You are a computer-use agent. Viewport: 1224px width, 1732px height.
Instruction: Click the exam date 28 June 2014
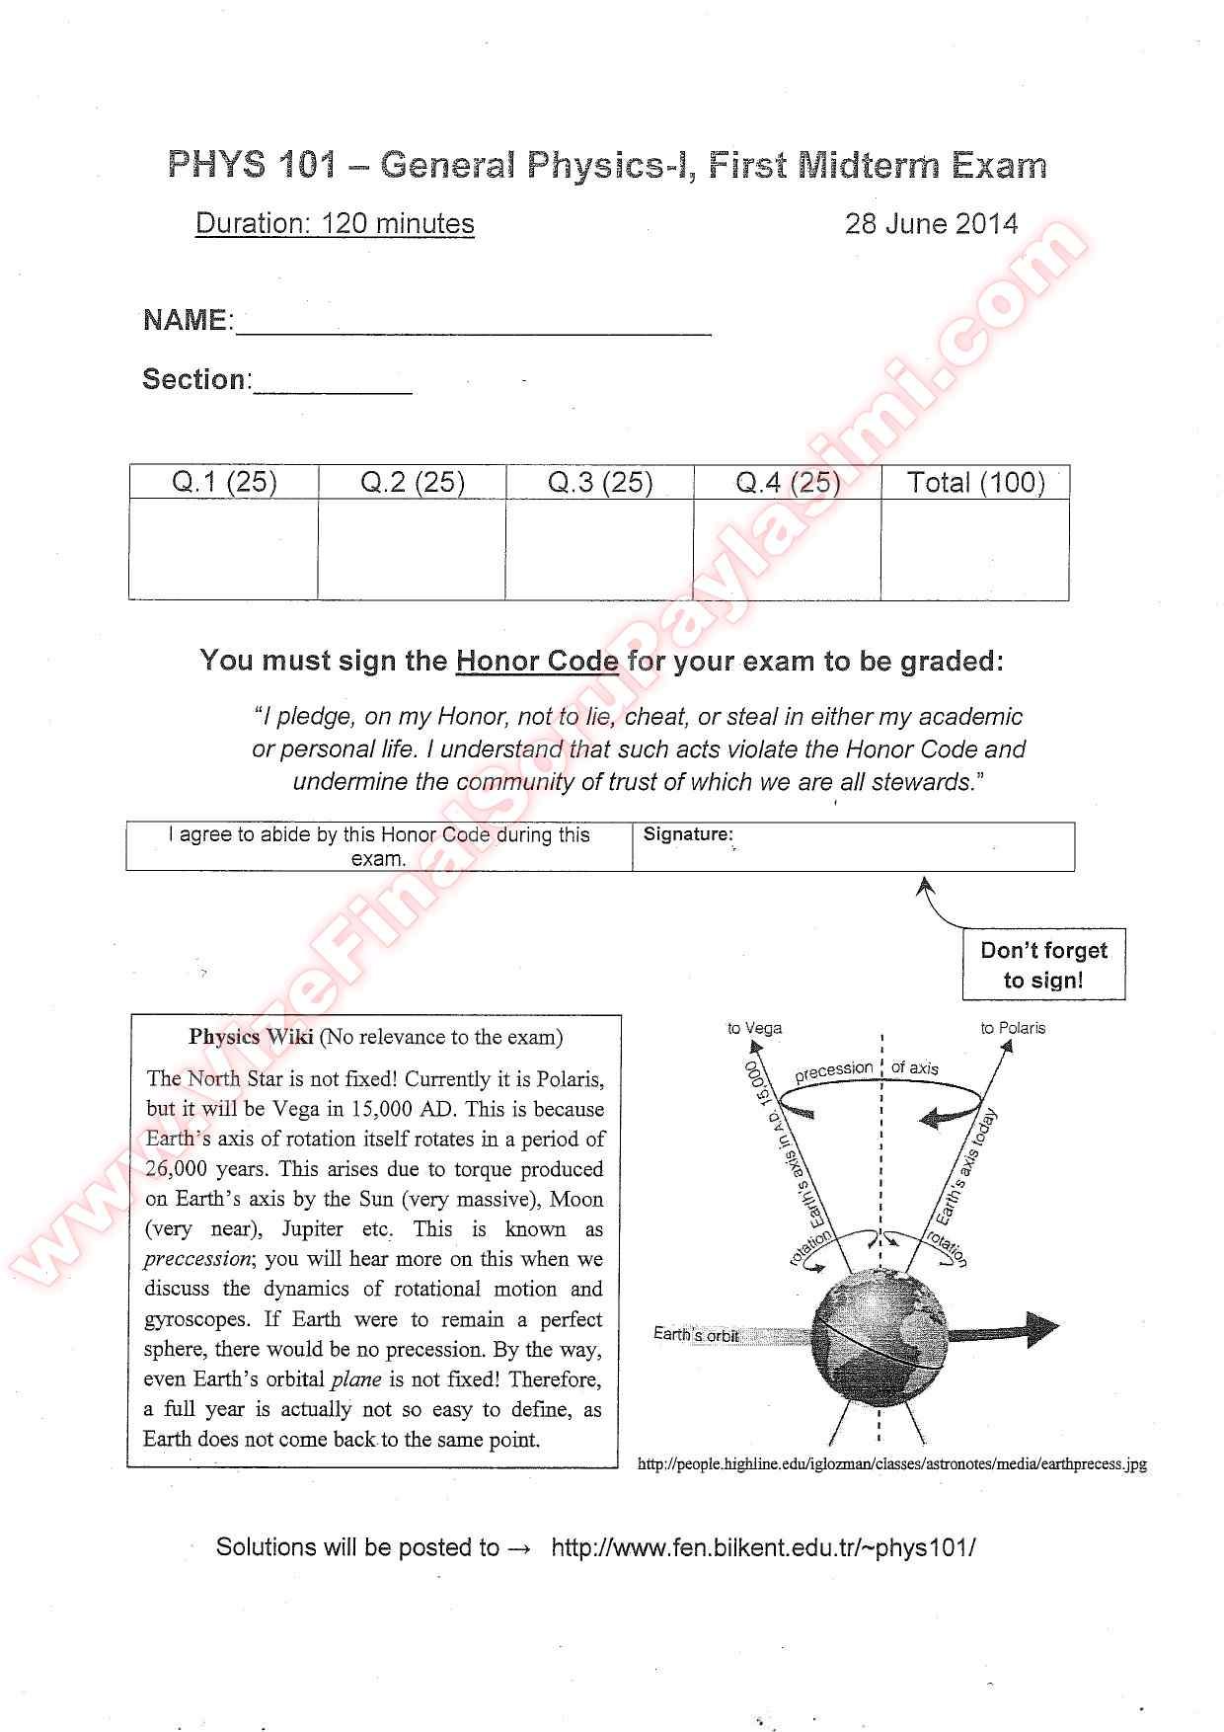coord(931,224)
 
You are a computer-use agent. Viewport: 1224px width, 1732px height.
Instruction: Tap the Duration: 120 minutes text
coord(335,224)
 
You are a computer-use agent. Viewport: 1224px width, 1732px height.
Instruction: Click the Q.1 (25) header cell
coord(224,482)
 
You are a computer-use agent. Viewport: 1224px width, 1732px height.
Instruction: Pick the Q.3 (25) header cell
coord(600,482)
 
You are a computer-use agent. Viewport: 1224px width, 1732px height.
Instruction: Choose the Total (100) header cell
coord(975,482)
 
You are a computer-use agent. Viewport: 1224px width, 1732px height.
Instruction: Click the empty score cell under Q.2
coord(412,549)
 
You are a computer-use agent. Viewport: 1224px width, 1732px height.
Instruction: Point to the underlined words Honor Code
coord(537,661)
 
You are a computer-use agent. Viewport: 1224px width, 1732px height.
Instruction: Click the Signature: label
coord(688,834)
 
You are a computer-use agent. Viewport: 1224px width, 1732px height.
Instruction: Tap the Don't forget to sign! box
coord(1043,965)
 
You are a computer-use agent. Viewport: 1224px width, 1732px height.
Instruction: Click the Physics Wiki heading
coord(251,1037)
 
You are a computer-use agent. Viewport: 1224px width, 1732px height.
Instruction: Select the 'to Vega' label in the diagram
coord(754,1028)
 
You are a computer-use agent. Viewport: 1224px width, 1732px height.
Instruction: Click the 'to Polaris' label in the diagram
coord(1013,1028)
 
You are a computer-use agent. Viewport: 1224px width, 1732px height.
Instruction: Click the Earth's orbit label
coord(696,1335)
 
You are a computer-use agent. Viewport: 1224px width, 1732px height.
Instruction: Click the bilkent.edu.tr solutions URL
coord(763,1547)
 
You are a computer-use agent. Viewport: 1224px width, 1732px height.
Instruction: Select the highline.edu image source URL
coord(892,1464)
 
